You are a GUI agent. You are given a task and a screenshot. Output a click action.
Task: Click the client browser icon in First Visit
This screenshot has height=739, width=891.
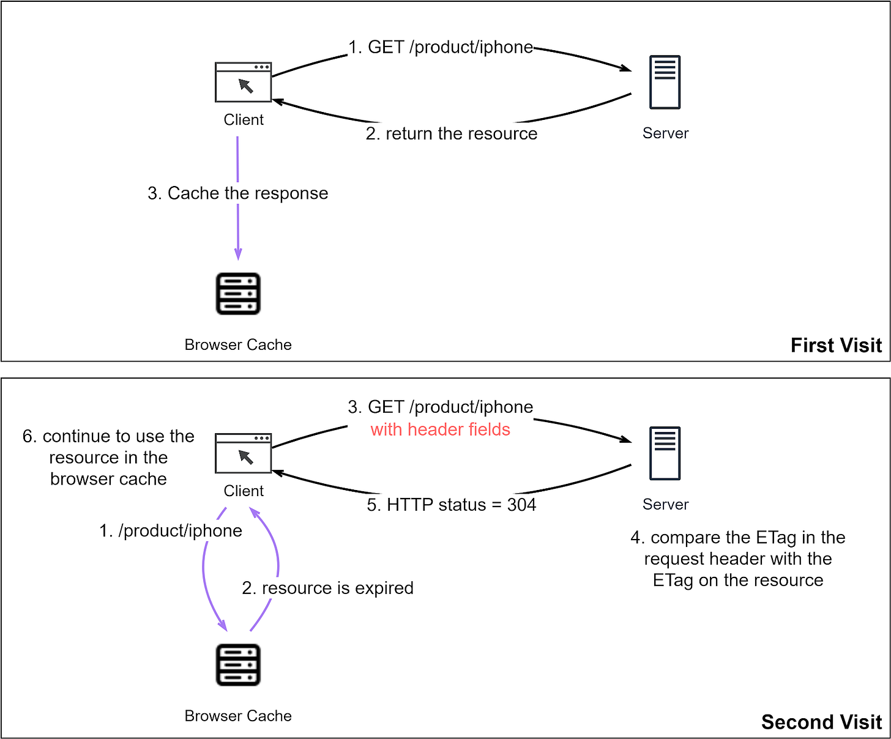(x=243, y=83)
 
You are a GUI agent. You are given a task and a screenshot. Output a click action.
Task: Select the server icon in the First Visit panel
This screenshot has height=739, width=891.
(x=665, y=83)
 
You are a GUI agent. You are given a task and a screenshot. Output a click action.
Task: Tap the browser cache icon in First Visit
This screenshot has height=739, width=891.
(x=238, y=294)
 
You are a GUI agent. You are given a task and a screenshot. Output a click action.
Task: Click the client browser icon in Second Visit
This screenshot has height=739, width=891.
(x=243, y=453)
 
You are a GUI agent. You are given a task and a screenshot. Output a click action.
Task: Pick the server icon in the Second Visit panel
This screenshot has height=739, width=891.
(x=665, y=453)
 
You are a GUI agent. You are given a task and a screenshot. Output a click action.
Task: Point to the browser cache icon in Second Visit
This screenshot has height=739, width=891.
(x=238, y=665)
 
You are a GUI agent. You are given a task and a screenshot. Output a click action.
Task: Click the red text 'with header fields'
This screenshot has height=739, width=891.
(x=440, y=429)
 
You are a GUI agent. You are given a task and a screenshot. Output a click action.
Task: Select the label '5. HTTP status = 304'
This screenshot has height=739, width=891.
(x=451, y=505)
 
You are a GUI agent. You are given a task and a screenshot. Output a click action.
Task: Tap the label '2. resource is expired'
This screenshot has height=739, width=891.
(x=327, y=588)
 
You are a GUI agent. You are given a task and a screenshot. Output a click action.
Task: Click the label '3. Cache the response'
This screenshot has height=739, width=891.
(x=237, y=193)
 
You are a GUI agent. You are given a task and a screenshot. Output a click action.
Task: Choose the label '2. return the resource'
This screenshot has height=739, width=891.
(x=451, y=133)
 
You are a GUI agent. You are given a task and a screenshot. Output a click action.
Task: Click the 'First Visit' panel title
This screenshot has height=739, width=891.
(x=836, y=345)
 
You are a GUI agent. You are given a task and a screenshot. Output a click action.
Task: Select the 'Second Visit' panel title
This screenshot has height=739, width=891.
(x=821, y=722)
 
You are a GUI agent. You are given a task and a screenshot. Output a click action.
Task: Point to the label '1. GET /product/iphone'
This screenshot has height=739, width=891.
(x=441, y=47)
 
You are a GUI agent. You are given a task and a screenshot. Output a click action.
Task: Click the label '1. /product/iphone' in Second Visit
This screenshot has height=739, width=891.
(x=171, y=530)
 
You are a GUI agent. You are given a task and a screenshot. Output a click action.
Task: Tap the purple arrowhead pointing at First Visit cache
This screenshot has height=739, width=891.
(x=238, y=254)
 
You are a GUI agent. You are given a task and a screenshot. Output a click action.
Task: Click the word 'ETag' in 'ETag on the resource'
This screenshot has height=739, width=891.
(x=673, y=580)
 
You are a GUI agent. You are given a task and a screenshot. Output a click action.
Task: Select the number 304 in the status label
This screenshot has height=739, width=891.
(x=521, y=505)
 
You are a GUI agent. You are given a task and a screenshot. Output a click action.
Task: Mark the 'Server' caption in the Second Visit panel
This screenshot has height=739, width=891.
(x=665, y=505)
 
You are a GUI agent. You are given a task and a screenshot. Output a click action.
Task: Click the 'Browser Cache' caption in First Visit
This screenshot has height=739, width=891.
(x=238, y=345)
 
